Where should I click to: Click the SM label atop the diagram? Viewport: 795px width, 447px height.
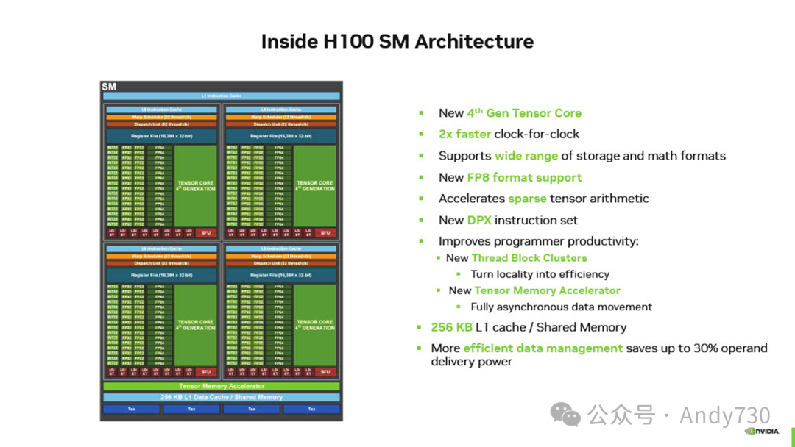[109, 87]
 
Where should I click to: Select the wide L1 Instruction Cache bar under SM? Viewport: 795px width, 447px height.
[221, 96]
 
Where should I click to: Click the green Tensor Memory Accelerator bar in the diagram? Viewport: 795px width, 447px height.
[221, 386]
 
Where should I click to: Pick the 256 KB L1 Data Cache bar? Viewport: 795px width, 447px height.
[221, 397]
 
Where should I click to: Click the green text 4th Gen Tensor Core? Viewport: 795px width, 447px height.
[524, 113]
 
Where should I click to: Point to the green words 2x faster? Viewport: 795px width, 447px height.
[465, 134]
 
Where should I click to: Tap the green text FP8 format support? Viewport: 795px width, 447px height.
[524, 177]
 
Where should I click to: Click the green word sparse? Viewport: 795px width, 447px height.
[527, 199]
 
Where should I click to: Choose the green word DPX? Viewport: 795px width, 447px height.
[479, 220]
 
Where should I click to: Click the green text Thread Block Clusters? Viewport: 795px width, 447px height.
[529, 258]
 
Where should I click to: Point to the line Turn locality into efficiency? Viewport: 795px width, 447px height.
[540, 274]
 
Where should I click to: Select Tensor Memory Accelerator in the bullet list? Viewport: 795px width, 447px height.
[547, 290]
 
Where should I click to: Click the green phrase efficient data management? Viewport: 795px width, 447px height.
[543, 348]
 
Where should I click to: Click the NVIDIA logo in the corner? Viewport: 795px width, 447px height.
[763, 432]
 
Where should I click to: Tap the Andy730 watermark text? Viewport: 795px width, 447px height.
[724, 415]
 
